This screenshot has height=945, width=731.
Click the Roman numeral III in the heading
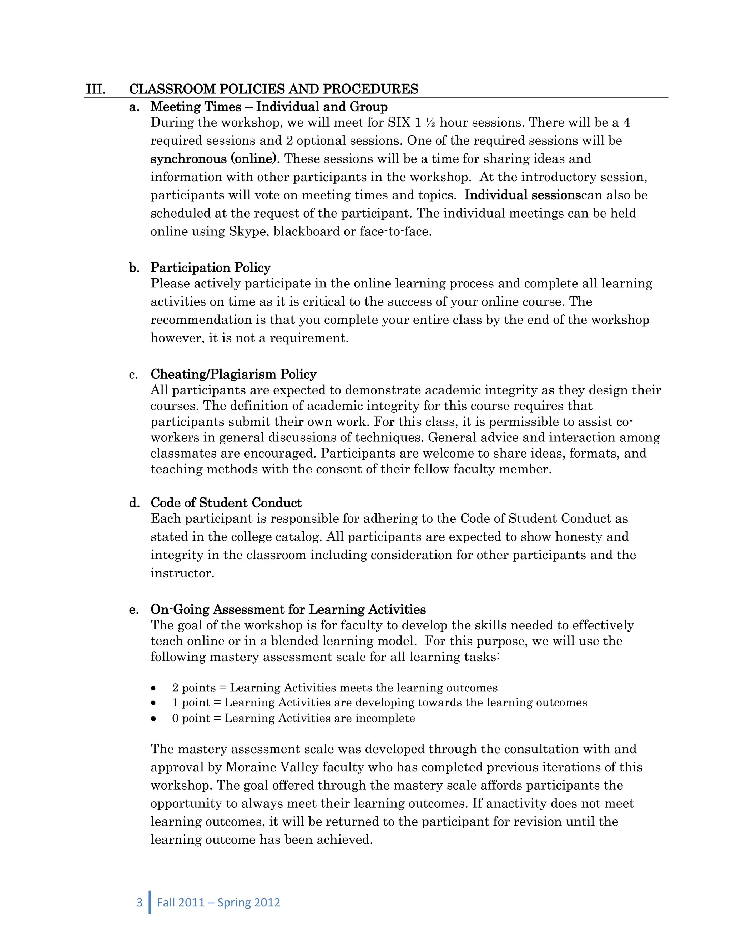(x=96, y=89)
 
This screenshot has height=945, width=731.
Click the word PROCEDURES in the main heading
(x=370, y=89)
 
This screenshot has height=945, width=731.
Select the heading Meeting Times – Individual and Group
(x=269, y=107)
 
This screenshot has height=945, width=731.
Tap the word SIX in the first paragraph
(x=399, y=123)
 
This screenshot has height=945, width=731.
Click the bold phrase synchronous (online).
(x=215, y=159)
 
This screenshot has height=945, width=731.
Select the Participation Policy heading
(x=211, y=268)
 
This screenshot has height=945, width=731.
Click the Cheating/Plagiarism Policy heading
(x=233, y=374)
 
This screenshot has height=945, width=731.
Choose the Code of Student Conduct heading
(x=226, y=503)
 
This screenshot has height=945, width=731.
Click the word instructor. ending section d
(x=182, y=574)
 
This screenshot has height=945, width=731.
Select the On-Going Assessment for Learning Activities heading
(x=288, y=610)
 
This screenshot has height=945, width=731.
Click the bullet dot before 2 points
(x=153, y=688)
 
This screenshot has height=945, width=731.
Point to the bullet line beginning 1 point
(x=379, y=703)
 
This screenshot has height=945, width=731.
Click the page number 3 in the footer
(x=140, y=903)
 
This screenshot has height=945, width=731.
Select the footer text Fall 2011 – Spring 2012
(x=218, y=903)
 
